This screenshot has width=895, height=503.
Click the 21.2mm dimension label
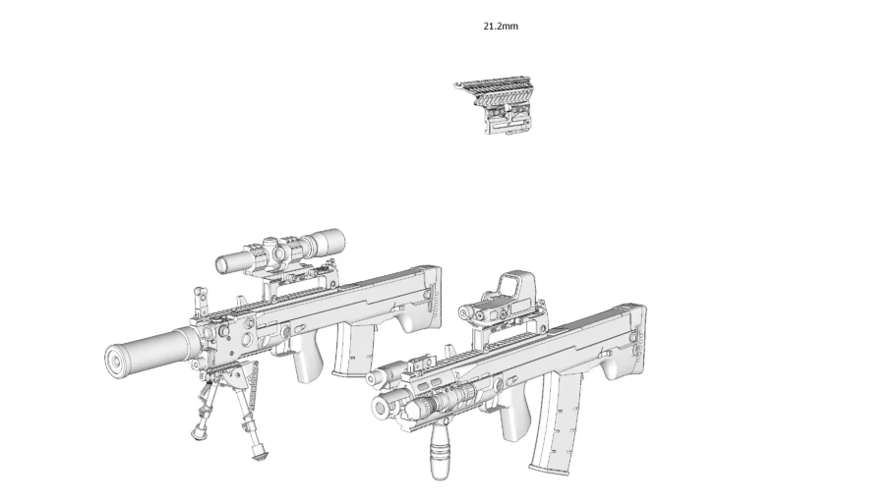501,27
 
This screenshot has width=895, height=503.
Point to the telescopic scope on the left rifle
281,250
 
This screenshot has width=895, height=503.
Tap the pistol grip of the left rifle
309,364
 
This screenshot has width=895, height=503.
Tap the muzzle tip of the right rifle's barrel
374,377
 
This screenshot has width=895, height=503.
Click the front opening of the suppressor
117,361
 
